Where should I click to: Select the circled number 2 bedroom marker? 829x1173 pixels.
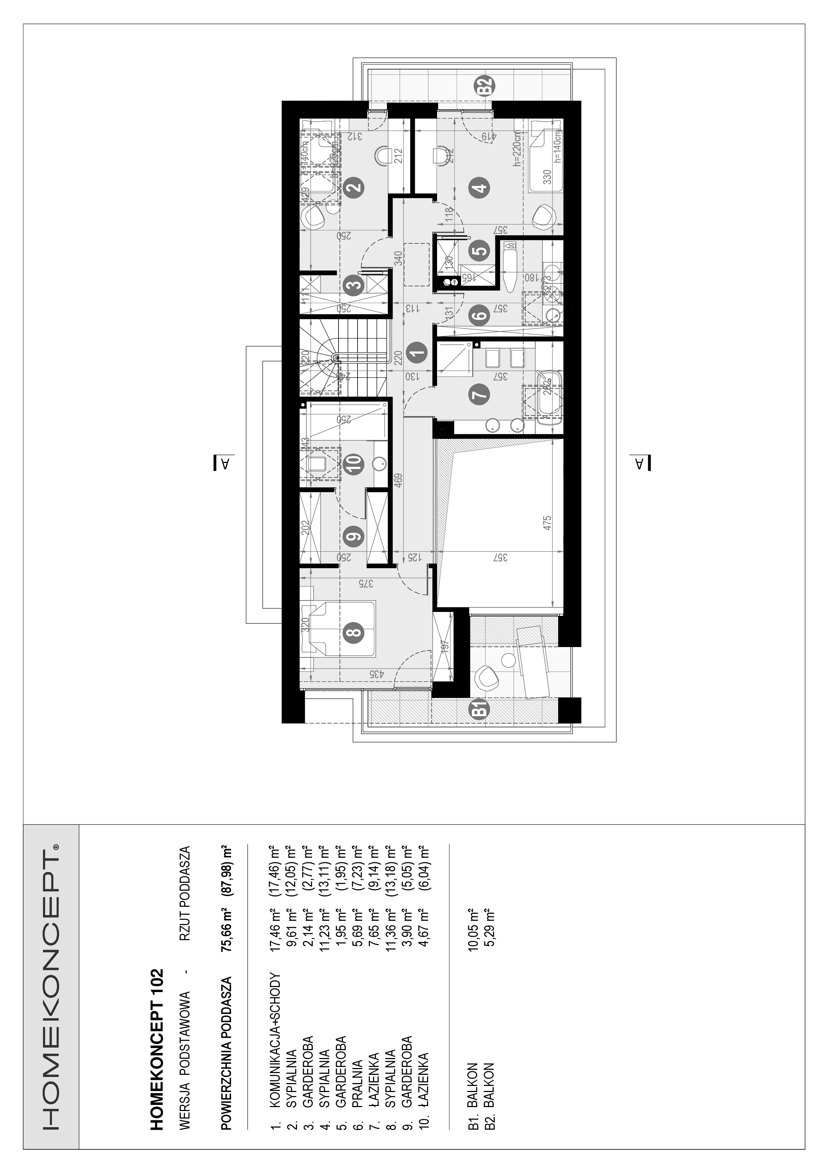(x=354, y=186)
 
